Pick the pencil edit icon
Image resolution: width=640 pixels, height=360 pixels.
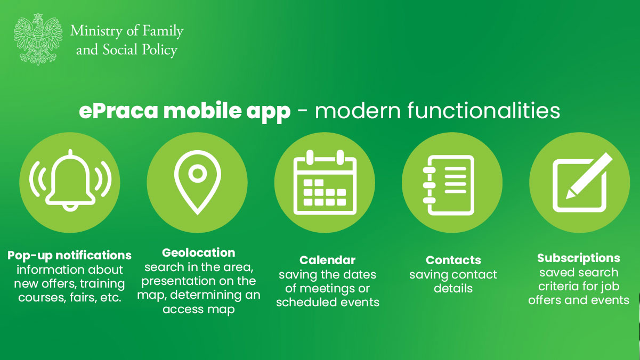579,182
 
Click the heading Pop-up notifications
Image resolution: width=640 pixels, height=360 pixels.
69,255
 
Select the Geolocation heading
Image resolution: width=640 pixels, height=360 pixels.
198,252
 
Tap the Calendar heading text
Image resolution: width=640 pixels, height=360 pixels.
327,260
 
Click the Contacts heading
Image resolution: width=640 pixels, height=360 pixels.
453,260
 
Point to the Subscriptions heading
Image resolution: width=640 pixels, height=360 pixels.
578,258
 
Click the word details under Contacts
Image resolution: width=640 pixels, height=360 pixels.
453,289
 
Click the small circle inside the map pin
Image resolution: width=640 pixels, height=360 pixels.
197,173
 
